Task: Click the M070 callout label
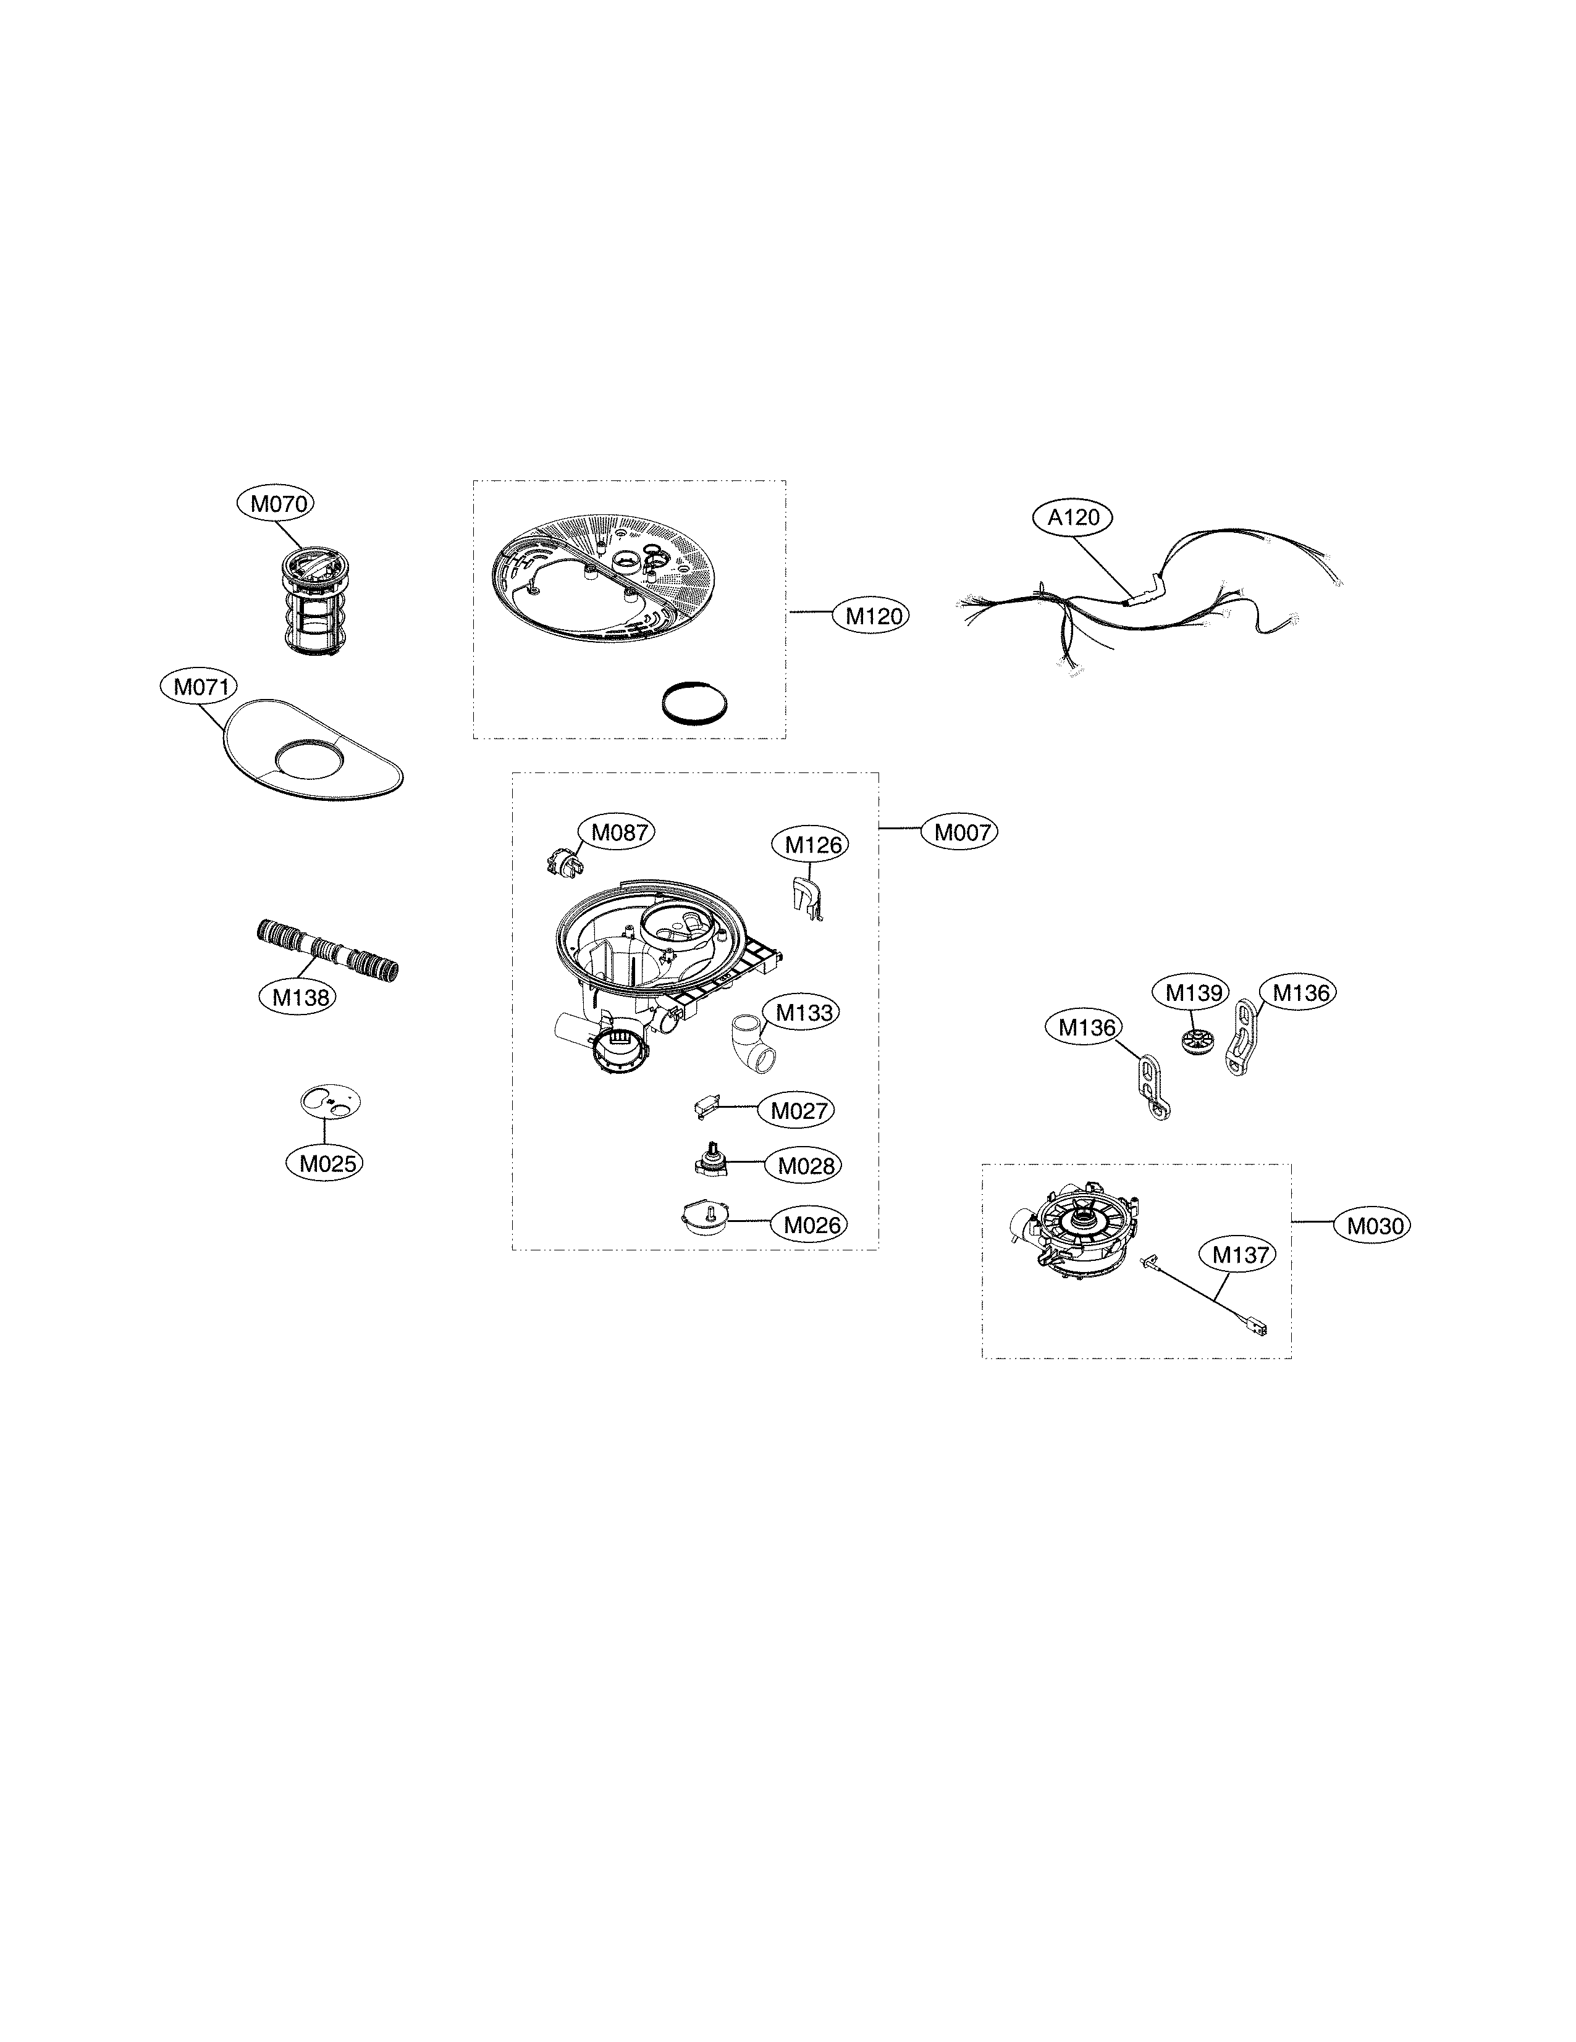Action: pos(274,504)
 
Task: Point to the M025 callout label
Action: pos(324,1163)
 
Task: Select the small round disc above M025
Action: pos(329,1102)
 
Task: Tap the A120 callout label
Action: pos(1072,517)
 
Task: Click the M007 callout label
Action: pos(959,831)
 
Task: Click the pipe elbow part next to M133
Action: pos(751,1040)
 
